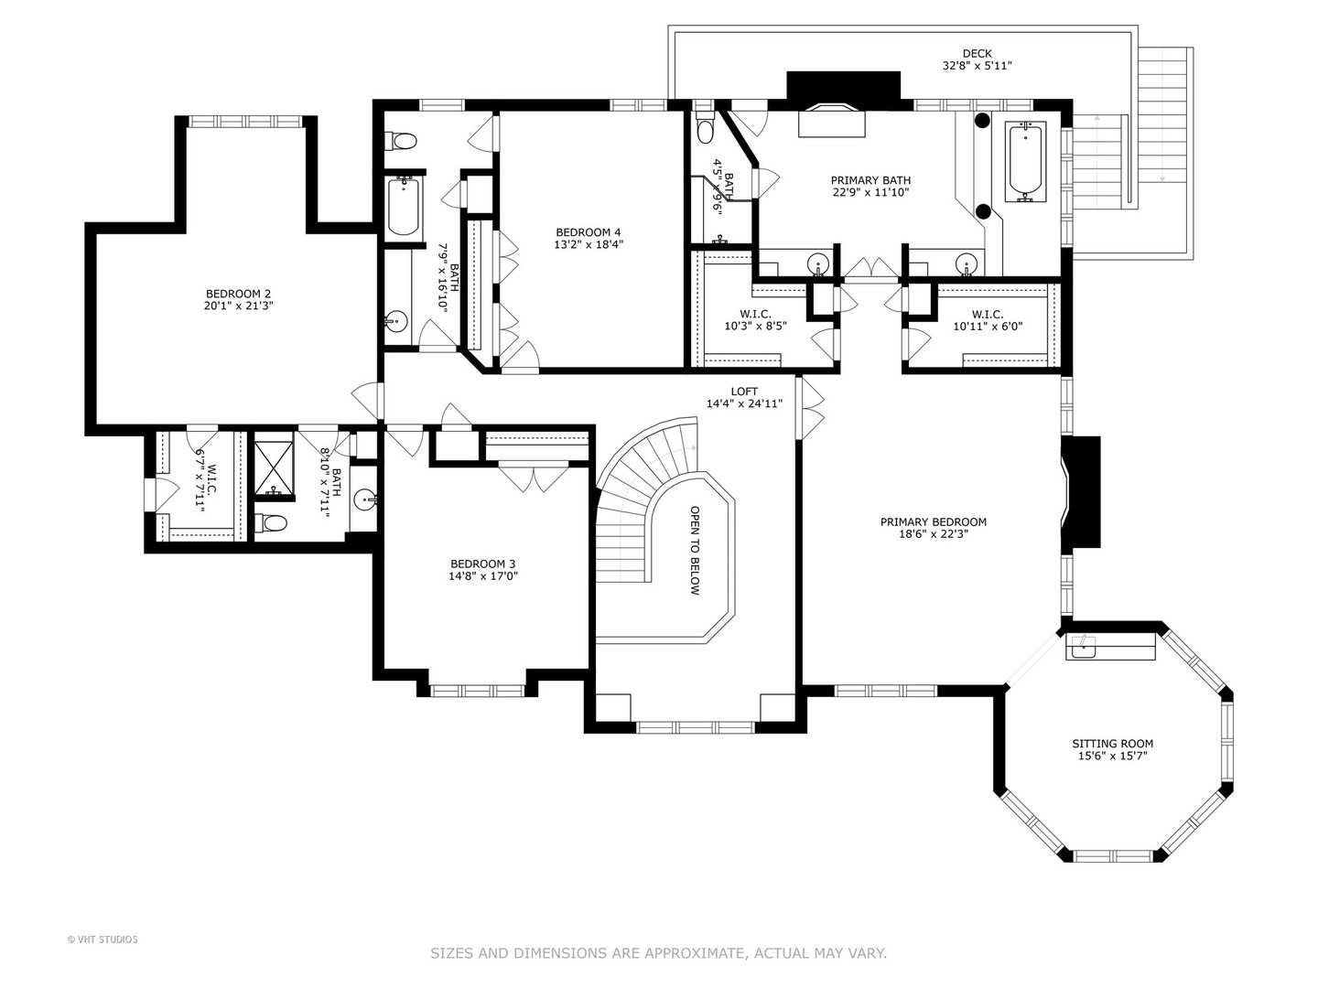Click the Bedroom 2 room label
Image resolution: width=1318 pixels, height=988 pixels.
238,294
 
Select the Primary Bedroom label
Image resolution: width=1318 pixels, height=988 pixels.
933,521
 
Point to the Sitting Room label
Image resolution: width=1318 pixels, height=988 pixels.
1113,744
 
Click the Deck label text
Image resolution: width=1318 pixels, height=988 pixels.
977,53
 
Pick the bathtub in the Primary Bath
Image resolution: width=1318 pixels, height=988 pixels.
1027,162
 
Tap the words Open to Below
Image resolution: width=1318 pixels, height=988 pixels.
695,550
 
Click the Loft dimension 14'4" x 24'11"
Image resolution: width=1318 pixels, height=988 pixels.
744,403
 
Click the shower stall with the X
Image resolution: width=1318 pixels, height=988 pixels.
274,467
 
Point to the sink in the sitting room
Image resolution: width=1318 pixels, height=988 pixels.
1081,647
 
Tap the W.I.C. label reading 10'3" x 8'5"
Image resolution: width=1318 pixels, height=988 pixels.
755,320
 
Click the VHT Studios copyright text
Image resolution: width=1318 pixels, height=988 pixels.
103,940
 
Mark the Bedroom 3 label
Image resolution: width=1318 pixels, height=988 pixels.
482,564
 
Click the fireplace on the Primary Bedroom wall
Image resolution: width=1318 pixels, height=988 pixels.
1080,492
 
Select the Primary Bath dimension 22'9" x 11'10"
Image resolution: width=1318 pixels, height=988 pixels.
870,192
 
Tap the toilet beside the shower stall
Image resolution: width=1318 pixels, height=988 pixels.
271,523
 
